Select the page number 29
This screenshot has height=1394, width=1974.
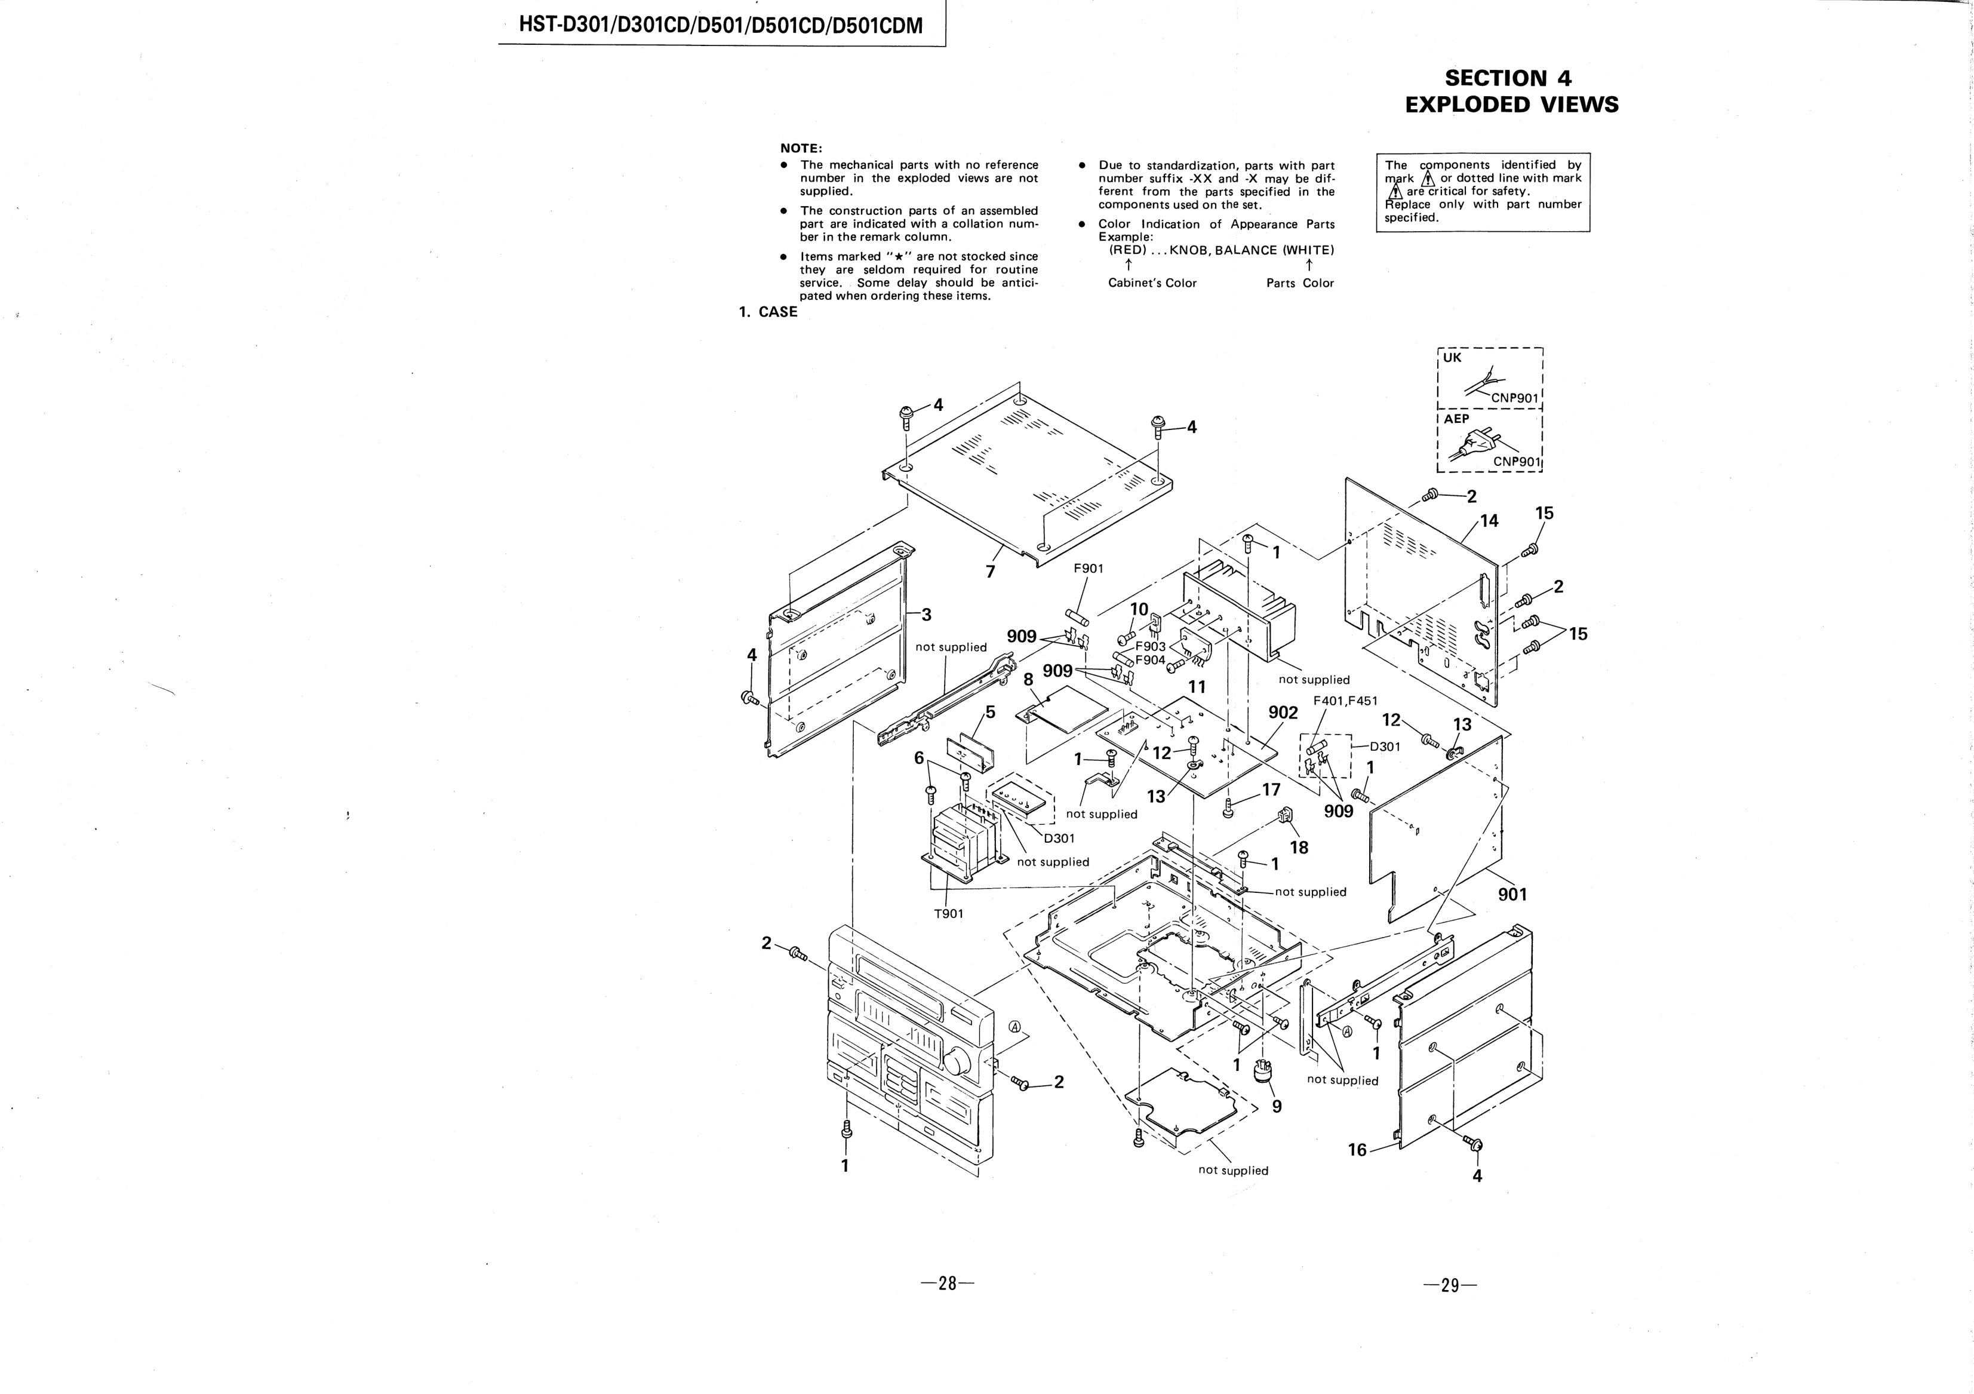coord(1450,1286)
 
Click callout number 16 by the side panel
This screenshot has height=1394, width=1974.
coord(1357,1150)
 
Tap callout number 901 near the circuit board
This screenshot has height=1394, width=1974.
coord(1512,894)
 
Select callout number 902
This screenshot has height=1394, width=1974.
coord(1283,713)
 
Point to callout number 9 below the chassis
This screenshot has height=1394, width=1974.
coord(1277,1107)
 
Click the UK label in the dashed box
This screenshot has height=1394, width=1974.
coord(1452,358)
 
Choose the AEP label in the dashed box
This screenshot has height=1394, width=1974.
coord(1456,419)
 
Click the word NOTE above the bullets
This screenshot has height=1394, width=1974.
coord(801,149)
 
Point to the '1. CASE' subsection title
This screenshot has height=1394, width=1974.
coord(768,312)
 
